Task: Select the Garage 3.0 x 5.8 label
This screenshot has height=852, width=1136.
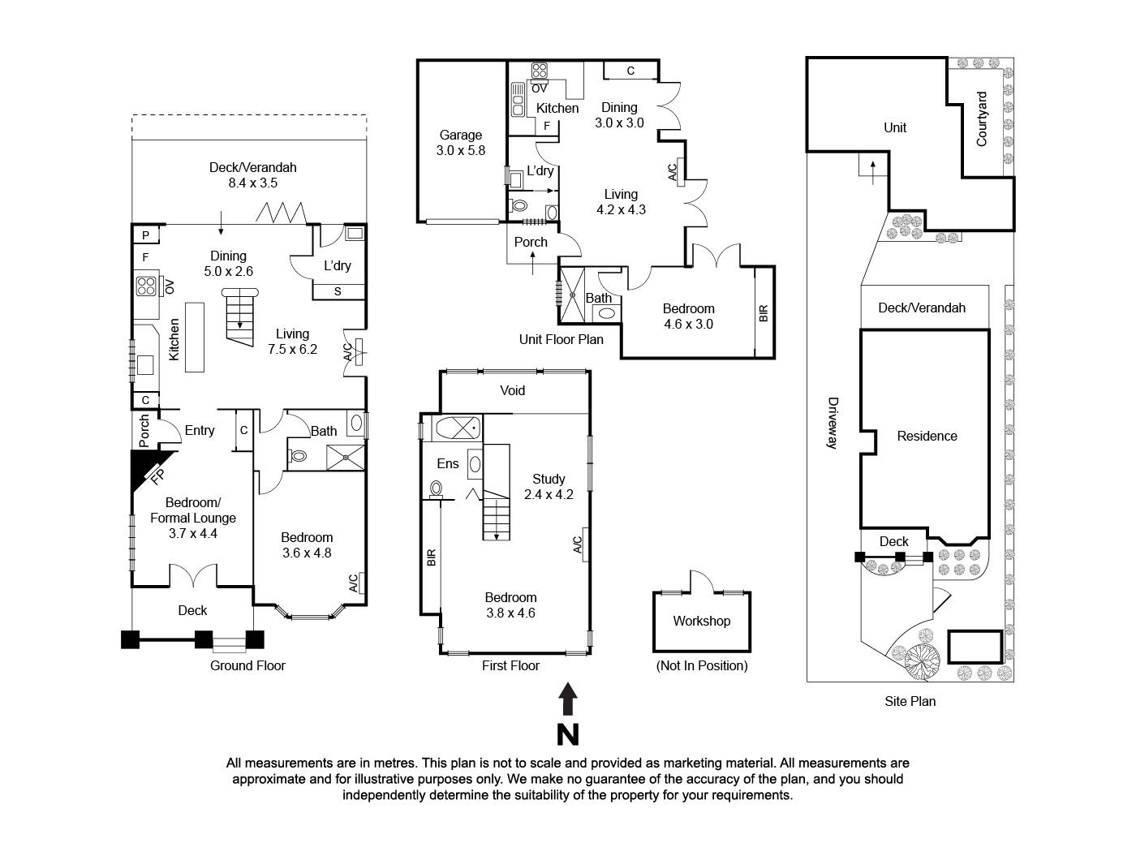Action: pyautogui.click(x=460, y=143)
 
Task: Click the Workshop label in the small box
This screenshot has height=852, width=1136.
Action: pyautogui.click(x=701, y=621)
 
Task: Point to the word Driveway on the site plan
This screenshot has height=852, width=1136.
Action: pyautogui.click(x=832, y=422)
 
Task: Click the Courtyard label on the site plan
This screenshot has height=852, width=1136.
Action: pyautogui.click(x=982, y=118)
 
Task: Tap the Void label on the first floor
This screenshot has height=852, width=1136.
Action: pyautogui.click(x=512, y=390)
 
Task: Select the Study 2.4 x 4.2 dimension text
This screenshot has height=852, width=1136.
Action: pyautogui.click(x=549, y=494)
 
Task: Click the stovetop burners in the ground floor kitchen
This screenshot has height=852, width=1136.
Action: pyautogui.click(x=146, y=286)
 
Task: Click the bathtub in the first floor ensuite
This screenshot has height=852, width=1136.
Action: pyautogui.click(x=458, y=427)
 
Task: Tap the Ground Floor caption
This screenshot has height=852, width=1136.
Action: pyautogui.click(x=247, y=665)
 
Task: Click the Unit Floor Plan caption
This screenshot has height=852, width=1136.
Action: pyautogui.click(x=561, y=339)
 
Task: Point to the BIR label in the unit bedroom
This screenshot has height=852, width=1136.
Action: pyautogui.click(x=764, y=312)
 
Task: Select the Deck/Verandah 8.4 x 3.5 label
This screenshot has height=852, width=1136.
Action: pyautogui.click(x=252, y=174)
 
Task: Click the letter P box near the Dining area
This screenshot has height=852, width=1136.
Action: pyautogui.click(x=146, y=235)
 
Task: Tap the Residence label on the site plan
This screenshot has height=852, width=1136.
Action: pyautogui.click(x=927, y=436)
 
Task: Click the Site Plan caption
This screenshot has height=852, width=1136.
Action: pyautogui.click(x=910, y=701)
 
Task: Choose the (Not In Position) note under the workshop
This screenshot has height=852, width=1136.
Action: pyautogui.click(x=701, y=665)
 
